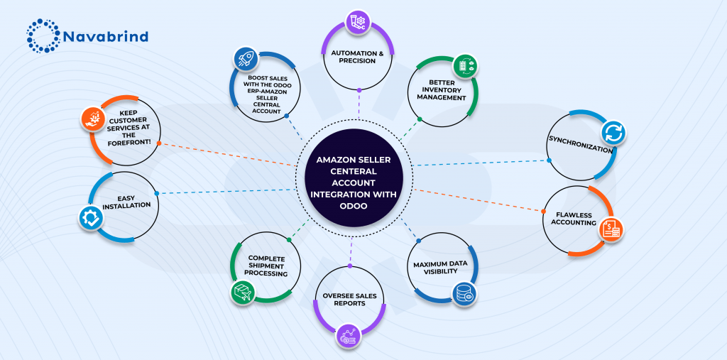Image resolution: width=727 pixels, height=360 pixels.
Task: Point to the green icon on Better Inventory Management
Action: pos(465,65)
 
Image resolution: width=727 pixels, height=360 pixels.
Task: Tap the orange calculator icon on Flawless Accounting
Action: pos(611,229)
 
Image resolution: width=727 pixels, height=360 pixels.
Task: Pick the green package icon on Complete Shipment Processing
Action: pos(244,291)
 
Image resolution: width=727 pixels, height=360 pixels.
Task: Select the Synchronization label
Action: pos(580,150)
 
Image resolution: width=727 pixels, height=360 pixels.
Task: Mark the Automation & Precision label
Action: pos(358,56)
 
